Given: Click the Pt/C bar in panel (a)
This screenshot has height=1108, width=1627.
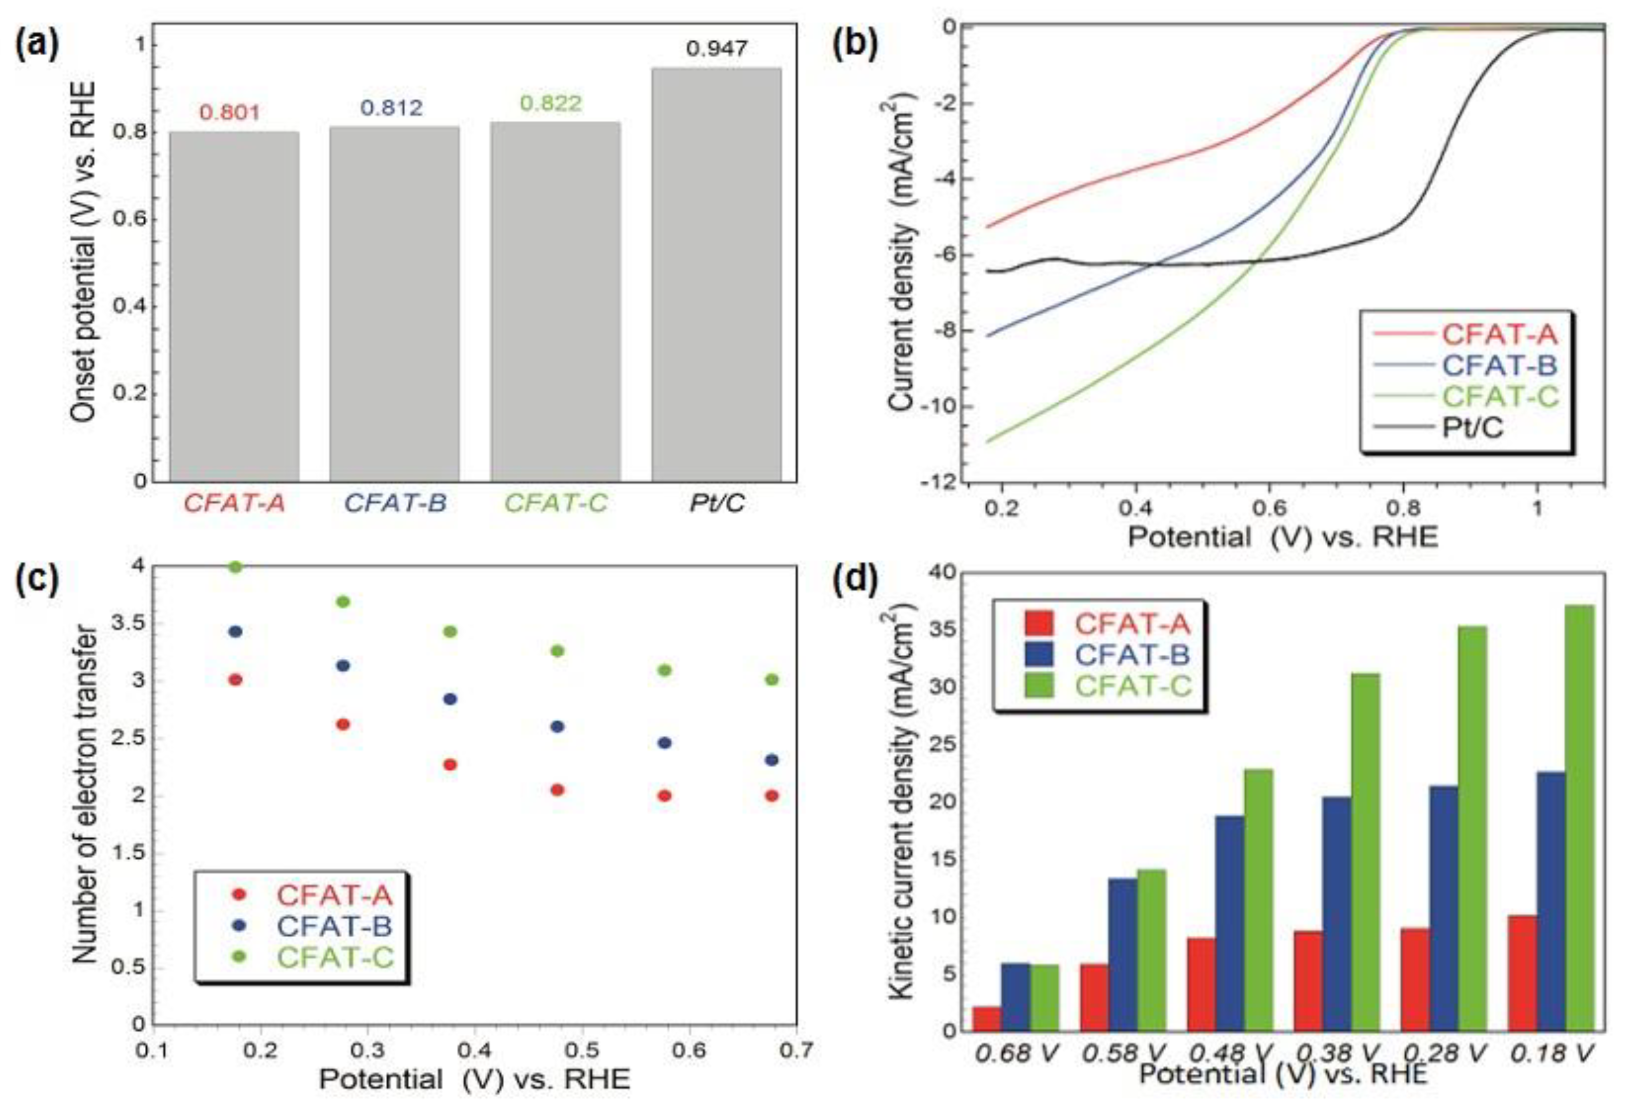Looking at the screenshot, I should coord(716,273).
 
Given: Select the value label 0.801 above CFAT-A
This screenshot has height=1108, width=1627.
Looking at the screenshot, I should coord(230,112).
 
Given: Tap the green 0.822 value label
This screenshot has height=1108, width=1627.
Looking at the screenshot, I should coord(551,104).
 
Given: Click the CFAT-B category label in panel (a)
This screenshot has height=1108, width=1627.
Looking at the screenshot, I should coord(396,503).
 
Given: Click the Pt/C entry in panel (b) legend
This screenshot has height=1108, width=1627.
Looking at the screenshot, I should coord(1472,427).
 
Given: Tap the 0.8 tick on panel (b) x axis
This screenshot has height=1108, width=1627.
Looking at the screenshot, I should coord(1269,506).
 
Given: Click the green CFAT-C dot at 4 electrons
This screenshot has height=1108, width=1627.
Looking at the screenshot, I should coord(236,566).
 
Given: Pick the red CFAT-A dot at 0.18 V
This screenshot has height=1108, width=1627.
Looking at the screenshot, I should coord(236,679).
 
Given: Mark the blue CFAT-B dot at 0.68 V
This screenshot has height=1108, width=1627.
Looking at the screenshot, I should coord(772,760).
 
